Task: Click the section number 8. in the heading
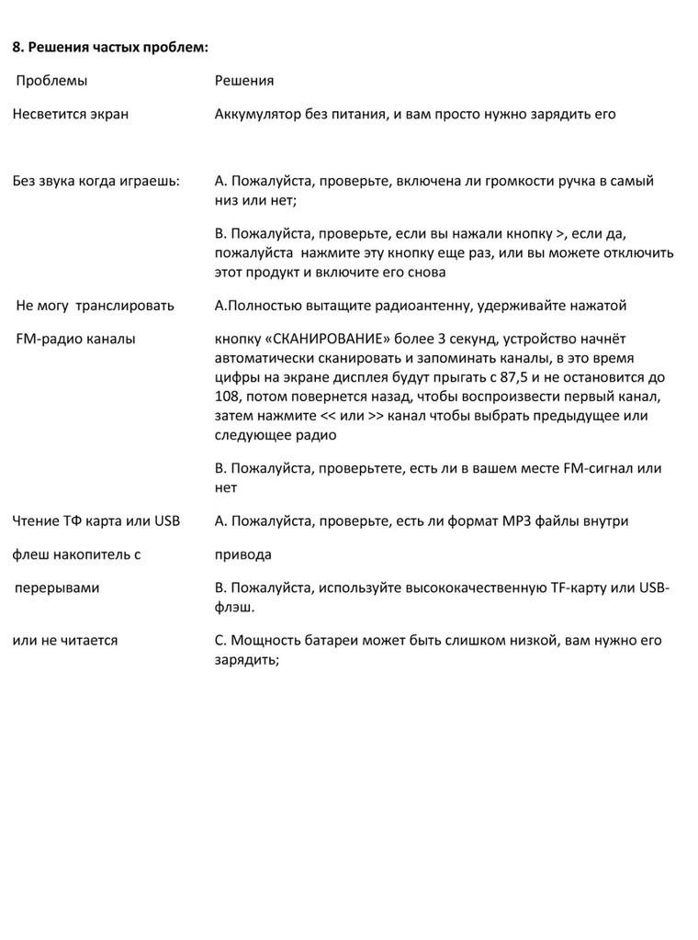click(x=18, y=47)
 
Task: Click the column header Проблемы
click(x=52, y=81)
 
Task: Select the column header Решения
click(x=244, y=81)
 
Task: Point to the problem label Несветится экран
click(x=71, y=115)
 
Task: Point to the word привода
click(x=243, y=555)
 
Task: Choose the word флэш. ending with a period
click(x=234, y=608)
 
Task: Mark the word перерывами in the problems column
click(x=57, y=587)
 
